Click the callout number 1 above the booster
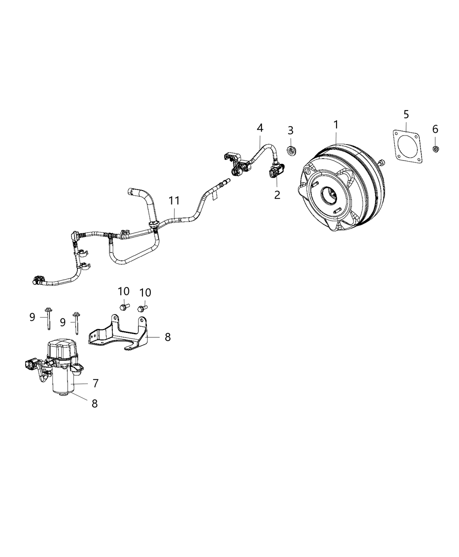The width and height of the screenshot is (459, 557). (x=336, y=125)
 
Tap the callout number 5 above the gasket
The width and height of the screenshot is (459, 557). (x=406, y=114)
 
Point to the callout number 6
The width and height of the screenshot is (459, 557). (x=435, y=129)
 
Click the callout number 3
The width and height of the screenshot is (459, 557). (x=290, y=131)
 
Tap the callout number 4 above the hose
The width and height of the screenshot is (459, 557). (x=260, y=128)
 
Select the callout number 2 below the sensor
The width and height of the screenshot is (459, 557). (x=277, y=194)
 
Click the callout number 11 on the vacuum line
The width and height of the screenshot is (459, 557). (x=174, y=201)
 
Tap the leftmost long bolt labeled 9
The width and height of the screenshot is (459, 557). (x=47, y=318)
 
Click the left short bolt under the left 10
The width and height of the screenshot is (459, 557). (x=124, y=307)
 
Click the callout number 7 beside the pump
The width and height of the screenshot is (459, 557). (x=95, y=383)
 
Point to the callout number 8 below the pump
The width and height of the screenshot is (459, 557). (x=94, y=403)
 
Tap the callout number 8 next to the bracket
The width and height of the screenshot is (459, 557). (x=167, y=337)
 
